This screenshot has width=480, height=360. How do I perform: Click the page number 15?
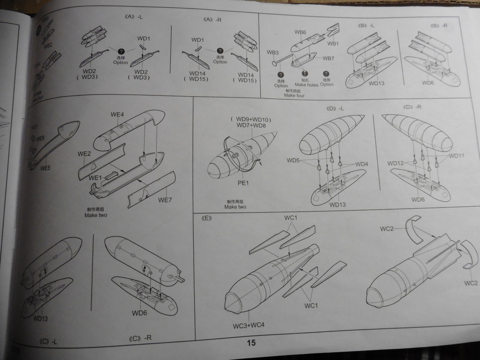click(251, 343)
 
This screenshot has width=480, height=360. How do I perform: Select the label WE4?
click(118, 114)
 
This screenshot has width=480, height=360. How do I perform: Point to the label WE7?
click(165, 199)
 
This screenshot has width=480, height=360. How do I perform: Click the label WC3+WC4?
click(249, 325)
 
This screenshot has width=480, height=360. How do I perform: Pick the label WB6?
click(300, 32)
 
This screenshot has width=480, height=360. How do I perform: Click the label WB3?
click(273, 52)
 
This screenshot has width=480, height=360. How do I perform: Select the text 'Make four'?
click(294, 95)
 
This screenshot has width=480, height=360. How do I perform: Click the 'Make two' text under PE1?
click(235, 206)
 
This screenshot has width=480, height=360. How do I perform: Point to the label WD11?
click(457, 156)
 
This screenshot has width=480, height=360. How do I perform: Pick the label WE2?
click(84, 154)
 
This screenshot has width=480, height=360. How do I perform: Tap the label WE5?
click(46, 168)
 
